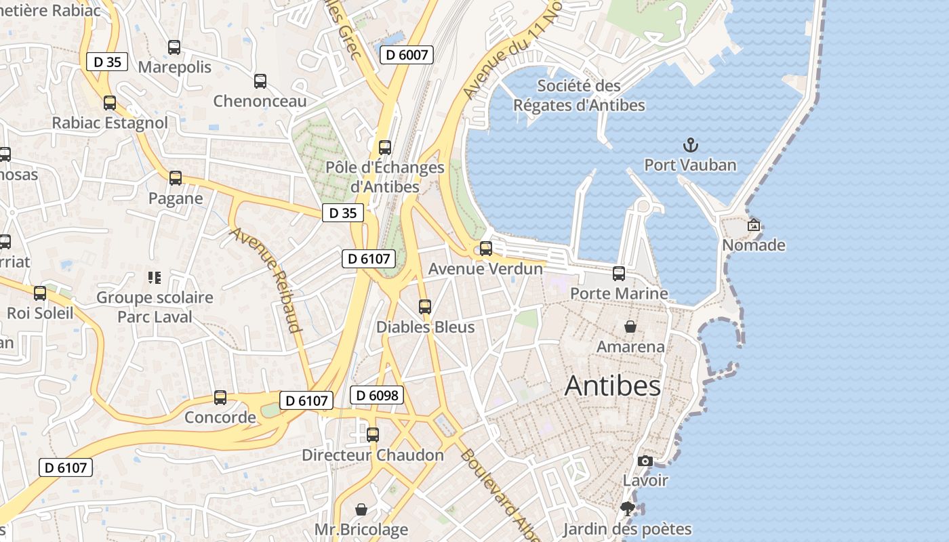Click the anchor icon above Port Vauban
click(x=690, y=144)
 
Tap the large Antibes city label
click(x=612, y=385)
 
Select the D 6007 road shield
click(x=407, y=55)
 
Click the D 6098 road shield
click(x=377, y=395)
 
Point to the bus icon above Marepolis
click(x=174, y=47)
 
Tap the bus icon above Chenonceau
click(x=260, y=81)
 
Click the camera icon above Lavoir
click(x=645, y=461)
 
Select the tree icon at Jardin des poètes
click(x=627, y=509)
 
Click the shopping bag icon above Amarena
click(x=630, y=327)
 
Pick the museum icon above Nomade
click(x=753, y=225)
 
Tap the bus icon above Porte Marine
click(x=619, y=273)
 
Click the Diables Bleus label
click(x=425, y=327)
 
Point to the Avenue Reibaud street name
click(x=266, y=280)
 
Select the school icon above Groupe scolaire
click(x=154, y=277)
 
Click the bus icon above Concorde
click(x=220, y=397)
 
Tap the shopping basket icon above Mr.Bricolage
click(x=361, y=509)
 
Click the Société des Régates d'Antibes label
click(x=579, y=96)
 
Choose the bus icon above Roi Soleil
click(x=40, y=293)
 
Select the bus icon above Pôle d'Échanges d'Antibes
click(x=385, y=147)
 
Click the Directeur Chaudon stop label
click(x=373, y=455)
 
